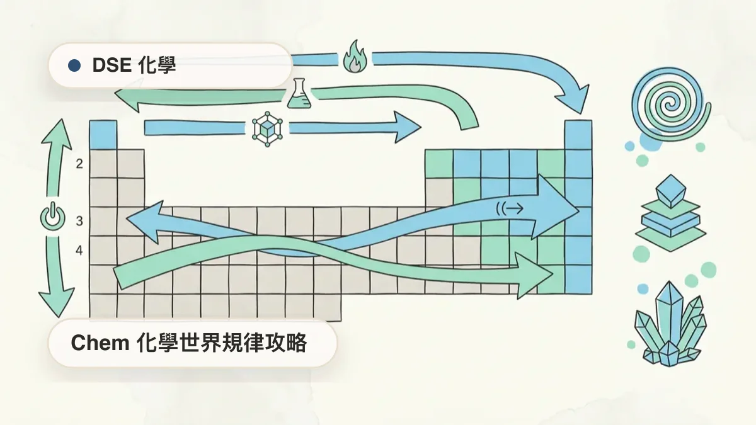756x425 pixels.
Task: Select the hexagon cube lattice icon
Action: click(267, 129)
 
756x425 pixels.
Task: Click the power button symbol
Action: click(52, 217)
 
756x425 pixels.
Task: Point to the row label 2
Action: click(79, 164)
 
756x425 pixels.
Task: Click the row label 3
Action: click(79, 221)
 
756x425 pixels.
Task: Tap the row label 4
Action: click(79, 251)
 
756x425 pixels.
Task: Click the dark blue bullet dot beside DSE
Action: click(74, 65)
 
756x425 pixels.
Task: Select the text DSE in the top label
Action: click(112, 65)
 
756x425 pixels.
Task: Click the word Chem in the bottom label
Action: click(100, 343)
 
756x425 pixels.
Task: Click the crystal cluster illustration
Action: click(670, 324)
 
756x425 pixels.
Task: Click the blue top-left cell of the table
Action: click(103, 135)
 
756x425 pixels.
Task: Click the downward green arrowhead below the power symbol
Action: click(56, 302)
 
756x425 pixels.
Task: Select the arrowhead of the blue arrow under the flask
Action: click(408, 127)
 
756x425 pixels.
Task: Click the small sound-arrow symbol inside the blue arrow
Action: click(510, 209)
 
